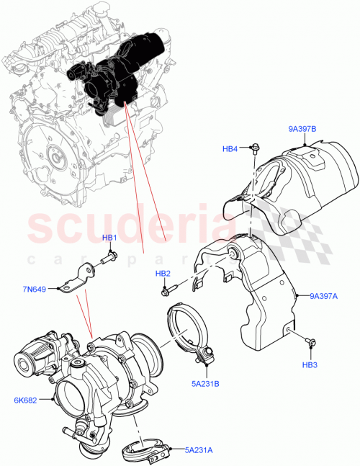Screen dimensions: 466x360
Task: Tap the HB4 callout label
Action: coord(230,149)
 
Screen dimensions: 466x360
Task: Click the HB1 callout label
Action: coord(109,238)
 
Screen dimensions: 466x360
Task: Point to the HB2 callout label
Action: coord(163,274)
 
